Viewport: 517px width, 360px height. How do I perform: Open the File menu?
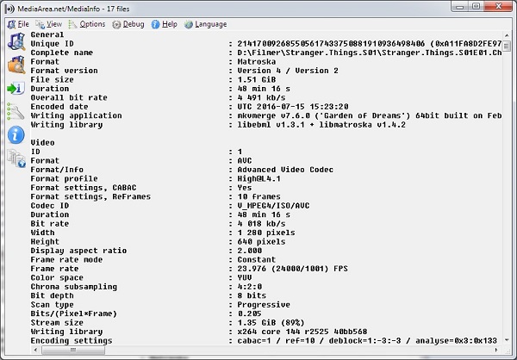18,24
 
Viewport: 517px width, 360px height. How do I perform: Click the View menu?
49,24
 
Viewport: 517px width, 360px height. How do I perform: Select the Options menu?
87,24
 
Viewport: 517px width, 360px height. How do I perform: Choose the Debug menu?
128,24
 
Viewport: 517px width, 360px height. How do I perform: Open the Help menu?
165,24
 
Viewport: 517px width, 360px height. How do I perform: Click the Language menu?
205,24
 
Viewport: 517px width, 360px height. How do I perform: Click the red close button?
498,6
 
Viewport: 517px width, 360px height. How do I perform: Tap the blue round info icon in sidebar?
16,135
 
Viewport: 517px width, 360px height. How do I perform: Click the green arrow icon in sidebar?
16,89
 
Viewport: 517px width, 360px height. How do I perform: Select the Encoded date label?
59,107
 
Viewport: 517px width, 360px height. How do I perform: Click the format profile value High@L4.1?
258,178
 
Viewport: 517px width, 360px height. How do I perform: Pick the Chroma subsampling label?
74,287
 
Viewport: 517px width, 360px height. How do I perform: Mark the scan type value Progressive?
264,305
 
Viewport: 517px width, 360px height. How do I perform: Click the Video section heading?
42,143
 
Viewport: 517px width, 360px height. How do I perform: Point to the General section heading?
47,34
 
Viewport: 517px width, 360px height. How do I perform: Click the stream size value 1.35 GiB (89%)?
271,322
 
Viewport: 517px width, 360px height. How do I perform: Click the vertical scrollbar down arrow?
507,340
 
